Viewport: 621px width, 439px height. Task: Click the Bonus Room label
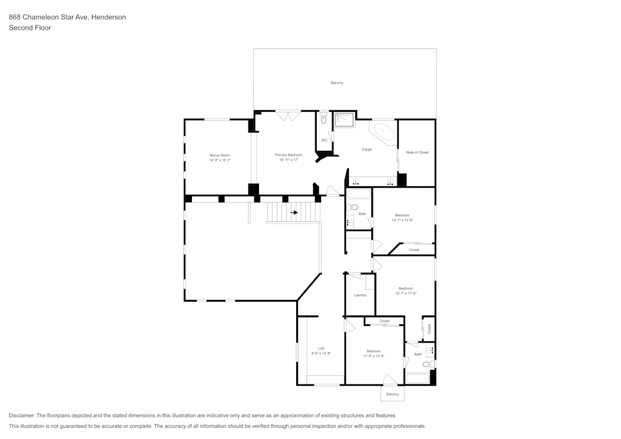click(220, 155)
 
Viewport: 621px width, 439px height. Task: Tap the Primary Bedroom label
click(289, 155)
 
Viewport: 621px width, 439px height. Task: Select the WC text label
click(324, 140)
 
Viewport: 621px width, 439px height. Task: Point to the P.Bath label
click(367, 150)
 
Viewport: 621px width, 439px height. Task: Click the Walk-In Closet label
click(417, 152)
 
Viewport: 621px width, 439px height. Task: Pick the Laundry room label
click(360, 295)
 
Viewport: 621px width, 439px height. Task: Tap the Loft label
click(321, 348)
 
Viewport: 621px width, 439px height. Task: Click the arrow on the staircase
click(294, 212)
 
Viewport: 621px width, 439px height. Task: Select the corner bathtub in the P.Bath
click(383, 133)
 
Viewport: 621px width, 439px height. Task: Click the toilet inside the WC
click(324, 118)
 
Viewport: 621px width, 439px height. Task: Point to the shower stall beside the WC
click(344, 119)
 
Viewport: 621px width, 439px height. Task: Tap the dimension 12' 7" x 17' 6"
click(406, 293)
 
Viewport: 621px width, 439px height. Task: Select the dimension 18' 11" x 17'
click(289, 160)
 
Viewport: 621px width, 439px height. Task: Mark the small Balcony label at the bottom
click(392, 394)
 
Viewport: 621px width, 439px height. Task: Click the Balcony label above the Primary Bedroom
click(337, 83)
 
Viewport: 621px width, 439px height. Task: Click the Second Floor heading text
click(30, 28)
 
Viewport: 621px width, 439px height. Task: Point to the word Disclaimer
click(22, 415)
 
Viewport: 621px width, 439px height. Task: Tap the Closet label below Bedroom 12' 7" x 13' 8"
click(414, 250)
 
